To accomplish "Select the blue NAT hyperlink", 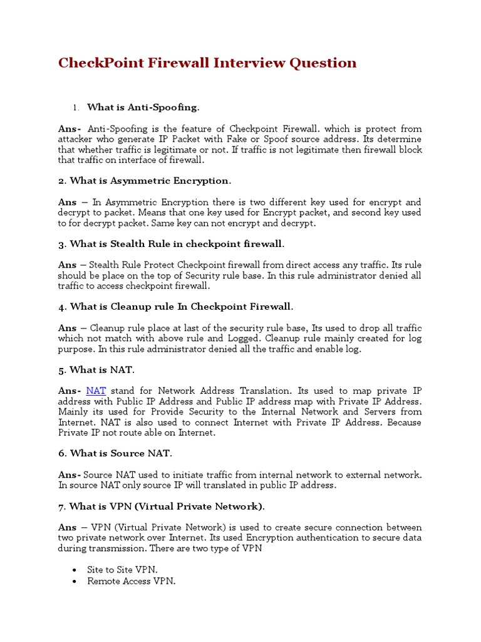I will pyautogui.click(x=96, y=391).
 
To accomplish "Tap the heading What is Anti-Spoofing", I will pyautogui.click(x=143, y=108).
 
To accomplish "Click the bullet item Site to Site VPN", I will pyautogui.click(x=123, y=570).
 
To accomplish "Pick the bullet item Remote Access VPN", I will pyautogui.click(x=132, y=581).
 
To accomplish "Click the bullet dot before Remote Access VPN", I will pyautogui.click(x=75, y=582).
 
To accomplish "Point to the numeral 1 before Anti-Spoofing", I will pyautogui.click(x=76, y=108).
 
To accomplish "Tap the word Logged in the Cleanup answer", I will pyautogui.click(x=234, y=339).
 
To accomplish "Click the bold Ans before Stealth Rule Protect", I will pyautogui.click(x=68, y=265).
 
